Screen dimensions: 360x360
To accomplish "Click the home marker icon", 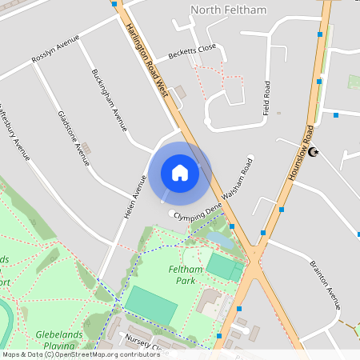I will pos(180,173).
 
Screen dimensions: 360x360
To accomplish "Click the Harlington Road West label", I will pos(146,60).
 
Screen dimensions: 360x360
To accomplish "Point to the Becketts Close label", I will pos(192,52).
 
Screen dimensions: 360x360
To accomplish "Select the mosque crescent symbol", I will pos(314,151).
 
